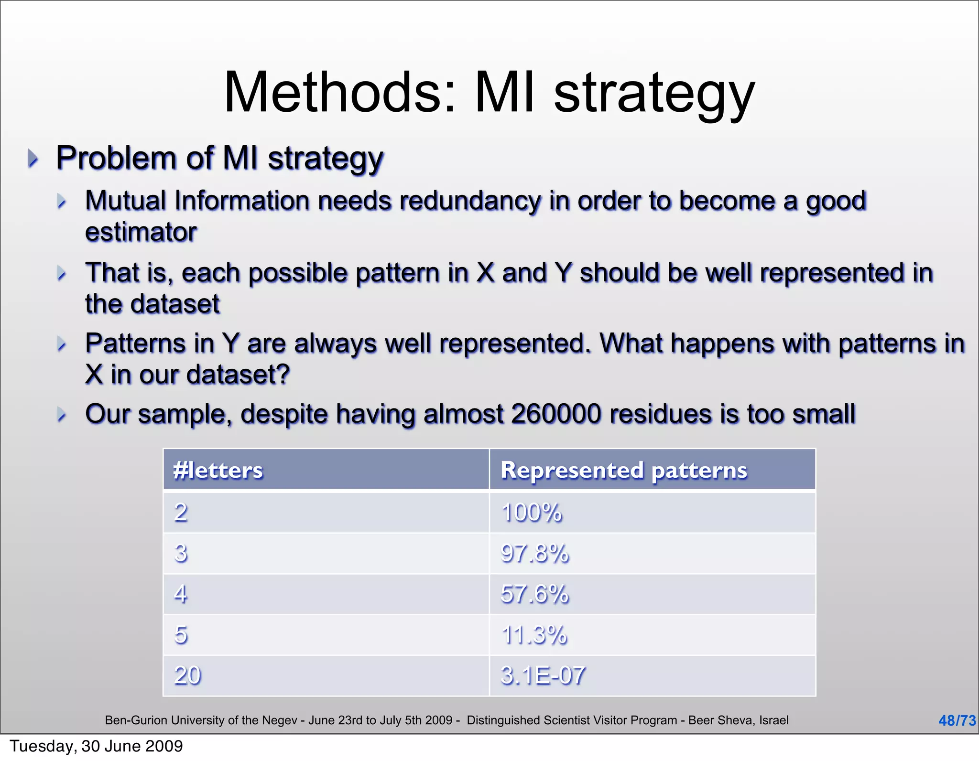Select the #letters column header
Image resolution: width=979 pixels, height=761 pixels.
[x=218, y=470]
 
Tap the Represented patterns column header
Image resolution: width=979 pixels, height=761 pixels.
[x=623, y=470]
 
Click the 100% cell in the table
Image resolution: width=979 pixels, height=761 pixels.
[x=532, y=513]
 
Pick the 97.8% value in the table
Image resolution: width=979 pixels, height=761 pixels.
[x=534, y=553]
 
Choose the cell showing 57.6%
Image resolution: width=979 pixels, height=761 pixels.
[x=534, y=594]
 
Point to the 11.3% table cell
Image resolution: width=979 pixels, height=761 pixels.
[x=533, y=635]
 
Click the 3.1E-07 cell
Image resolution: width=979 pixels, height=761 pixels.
[x=543, y=675]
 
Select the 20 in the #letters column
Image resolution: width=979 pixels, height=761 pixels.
[x=187, y=675]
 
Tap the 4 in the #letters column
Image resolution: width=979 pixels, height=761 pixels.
[x=181, y=594]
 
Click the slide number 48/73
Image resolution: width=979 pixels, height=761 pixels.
[x=957, y=720]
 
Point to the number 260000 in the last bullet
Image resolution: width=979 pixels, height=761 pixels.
[x=555, y=414]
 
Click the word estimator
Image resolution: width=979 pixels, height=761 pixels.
[x=141, y=232]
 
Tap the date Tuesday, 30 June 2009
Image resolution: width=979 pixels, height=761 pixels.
[x=96, y=746]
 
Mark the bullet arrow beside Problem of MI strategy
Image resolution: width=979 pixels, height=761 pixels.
[x=33, y=158]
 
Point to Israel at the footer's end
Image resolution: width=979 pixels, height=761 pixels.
[x=773, y=720]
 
